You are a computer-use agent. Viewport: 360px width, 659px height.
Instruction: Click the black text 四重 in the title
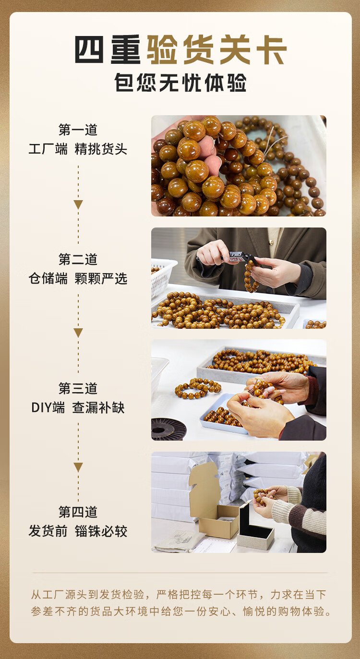tap(108, 50)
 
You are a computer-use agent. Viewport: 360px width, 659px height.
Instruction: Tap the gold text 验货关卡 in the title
tap(216, 50)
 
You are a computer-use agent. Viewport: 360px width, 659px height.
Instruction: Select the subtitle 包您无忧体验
tap(180, 83)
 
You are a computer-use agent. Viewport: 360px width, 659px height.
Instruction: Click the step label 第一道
tap(78, 130)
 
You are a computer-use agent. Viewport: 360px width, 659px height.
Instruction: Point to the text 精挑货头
tap(101, 149)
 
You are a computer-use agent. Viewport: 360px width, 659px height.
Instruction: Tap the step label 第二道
tap(78, 259)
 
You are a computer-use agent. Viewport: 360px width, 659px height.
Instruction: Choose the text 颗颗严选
tap(101, 278)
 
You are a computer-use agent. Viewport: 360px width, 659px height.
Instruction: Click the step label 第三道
tap(78, 389)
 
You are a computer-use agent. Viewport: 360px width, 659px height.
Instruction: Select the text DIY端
tap(48, 408)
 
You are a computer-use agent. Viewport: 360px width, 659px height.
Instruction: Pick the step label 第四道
tap(78, 512)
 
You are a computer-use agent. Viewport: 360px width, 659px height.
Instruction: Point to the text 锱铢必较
tap(101, 531)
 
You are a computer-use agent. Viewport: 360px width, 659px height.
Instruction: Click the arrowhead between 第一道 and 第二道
tap(78, 204)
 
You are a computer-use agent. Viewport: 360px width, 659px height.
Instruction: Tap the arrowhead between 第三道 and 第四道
tap(78, 467)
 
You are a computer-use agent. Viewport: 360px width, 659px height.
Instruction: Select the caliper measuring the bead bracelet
tap(240, 258)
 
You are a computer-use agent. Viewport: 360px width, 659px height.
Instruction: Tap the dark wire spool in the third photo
tap(168, 429)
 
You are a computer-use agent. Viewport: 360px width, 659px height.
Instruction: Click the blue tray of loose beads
tap(224, 414)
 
